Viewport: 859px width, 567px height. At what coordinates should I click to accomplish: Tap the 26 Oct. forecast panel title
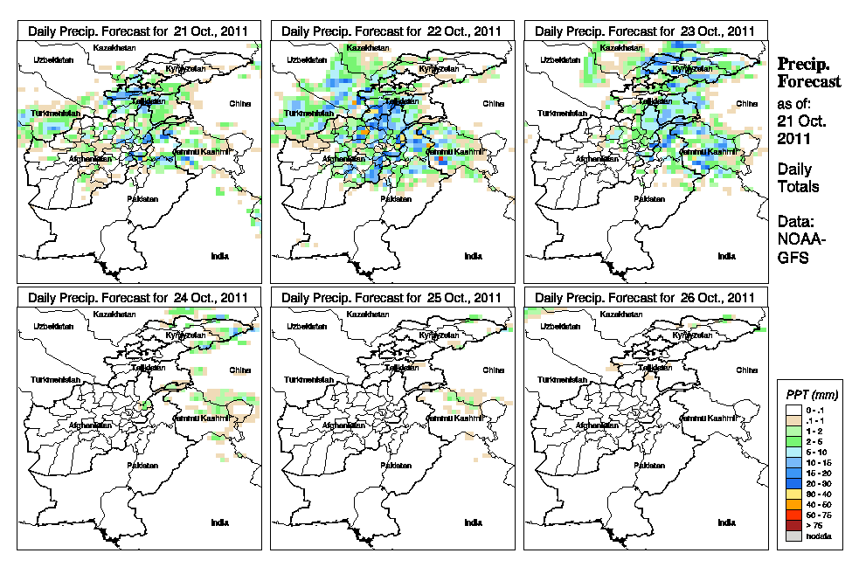click(645, 297)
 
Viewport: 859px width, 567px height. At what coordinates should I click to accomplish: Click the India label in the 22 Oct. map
click(473, 256)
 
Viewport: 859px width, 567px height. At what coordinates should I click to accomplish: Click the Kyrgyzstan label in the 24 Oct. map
click(185, 335)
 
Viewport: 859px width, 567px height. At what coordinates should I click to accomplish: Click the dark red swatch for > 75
click(792, 526)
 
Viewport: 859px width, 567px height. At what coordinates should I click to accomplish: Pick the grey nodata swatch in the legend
click(792, 536)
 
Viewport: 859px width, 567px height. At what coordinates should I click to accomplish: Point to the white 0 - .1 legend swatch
click(792, 408)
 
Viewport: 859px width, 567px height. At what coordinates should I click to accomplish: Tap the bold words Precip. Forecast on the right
click(809, 73)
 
